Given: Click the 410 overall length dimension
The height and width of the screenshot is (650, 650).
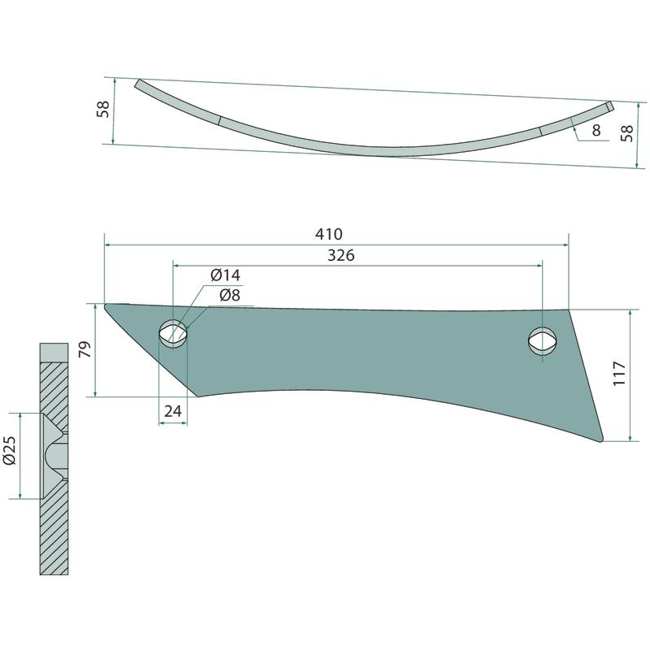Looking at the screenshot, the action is tap(329, 234).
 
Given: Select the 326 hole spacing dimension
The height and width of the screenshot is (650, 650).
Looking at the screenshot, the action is tap(340, 255).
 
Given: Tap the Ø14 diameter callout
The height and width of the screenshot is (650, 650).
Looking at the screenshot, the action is tap(225, 275).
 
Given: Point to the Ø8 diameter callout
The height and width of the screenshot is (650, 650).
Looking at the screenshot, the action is tap(230, 296).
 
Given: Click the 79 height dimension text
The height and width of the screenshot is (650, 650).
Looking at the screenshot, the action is tap(84, 349).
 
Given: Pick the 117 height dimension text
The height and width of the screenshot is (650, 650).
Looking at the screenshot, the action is tap(619, 373).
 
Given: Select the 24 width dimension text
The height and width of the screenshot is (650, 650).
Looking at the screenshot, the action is tap(173, 411).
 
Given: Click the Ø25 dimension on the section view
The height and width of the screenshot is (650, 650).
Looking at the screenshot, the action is tap(9, 451).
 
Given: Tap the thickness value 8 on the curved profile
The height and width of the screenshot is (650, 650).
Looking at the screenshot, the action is tap(596, 130).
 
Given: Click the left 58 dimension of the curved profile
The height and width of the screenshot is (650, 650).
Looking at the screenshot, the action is tap(103, 109).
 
